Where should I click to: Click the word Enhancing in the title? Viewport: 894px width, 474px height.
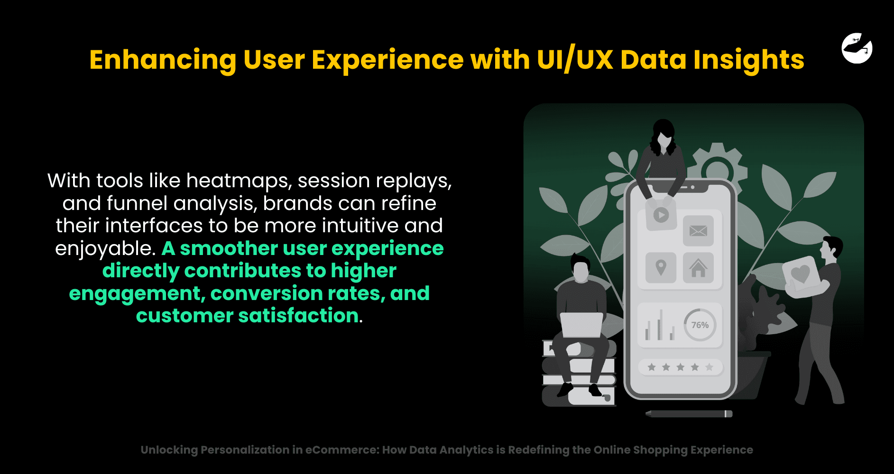point(163,60)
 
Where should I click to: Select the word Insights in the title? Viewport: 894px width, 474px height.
point(749,60)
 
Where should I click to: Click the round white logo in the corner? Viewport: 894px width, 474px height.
point(857,48)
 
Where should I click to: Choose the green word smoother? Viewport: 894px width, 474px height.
point(229,248)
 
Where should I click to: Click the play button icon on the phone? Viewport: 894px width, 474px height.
point(661,215)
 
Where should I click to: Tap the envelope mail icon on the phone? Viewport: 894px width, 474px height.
point(698,231)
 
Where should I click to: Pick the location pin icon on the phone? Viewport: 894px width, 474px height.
point(661,268)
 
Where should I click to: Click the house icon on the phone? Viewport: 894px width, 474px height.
point(698,268)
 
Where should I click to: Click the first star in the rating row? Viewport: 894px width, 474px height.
point(652,367)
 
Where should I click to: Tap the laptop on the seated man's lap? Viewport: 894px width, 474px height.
point(581,325)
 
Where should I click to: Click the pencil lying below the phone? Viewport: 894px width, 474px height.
point(689,414)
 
